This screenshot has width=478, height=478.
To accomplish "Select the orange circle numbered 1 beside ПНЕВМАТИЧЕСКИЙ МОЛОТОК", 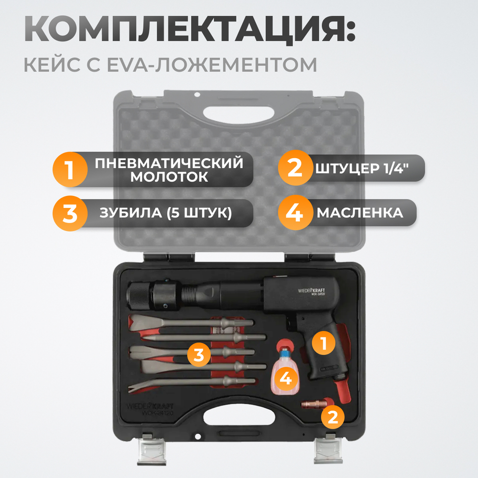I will [x=70, y=170].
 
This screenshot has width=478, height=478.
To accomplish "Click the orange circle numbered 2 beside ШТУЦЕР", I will [x=295, y=168].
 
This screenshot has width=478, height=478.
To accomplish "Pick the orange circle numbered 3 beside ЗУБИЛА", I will [x=70, y=213].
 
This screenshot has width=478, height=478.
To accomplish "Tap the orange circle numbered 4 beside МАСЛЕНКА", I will [x=295, y=213].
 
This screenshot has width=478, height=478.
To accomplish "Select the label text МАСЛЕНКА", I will [x=359, y=213].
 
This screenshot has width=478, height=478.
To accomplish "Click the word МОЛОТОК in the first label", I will [x=169, y=177].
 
